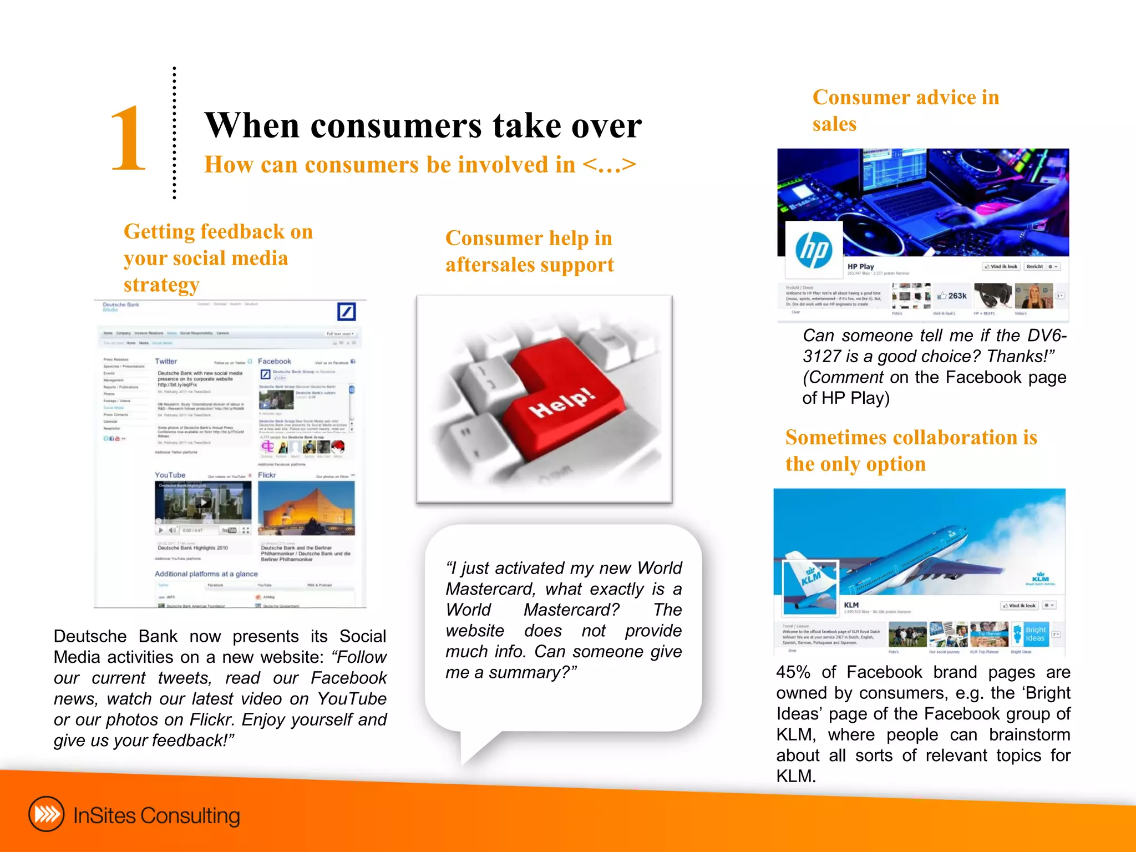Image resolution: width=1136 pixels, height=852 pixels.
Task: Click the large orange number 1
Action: (128, 139)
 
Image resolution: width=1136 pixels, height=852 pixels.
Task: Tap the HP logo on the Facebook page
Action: (814, 249)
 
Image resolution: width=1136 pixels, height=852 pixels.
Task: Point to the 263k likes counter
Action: (952, 296)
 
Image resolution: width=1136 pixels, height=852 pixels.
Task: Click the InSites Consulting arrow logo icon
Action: (47, 814)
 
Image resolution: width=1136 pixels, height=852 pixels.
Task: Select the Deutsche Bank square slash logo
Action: (347, 312)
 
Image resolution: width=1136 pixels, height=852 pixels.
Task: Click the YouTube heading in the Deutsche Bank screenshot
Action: (170, 475)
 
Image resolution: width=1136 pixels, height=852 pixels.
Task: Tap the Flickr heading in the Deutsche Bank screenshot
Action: (267, 475)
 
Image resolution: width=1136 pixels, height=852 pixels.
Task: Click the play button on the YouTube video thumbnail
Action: (204, 503)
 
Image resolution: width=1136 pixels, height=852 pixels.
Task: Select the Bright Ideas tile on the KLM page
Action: (1034, 634)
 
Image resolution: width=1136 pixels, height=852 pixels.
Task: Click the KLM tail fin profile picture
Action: (810, 587)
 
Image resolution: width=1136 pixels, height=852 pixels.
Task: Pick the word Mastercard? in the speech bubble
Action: (571, 610)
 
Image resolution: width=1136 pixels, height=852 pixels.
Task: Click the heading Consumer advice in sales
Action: (905, 110)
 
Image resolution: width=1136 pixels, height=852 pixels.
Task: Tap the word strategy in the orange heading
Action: (161, 285)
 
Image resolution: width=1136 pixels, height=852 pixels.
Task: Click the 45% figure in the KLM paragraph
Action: (793, 672)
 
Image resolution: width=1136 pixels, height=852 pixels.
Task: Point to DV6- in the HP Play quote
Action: (1046, 336)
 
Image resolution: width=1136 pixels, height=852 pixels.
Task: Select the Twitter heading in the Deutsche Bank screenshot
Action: (166, 361)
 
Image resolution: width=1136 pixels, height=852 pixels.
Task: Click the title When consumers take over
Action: (423, 125)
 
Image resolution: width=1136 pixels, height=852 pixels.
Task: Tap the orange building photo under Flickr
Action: (306, 508)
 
